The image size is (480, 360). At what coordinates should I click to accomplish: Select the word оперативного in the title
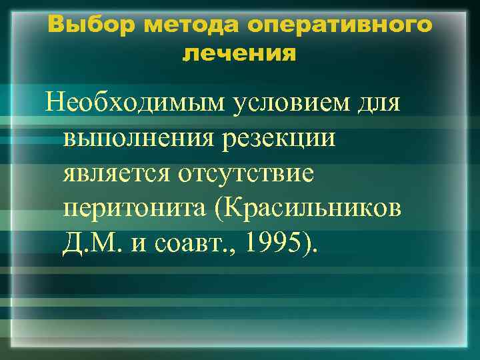point(339,25)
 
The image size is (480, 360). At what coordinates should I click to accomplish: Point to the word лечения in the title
point(239,53)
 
